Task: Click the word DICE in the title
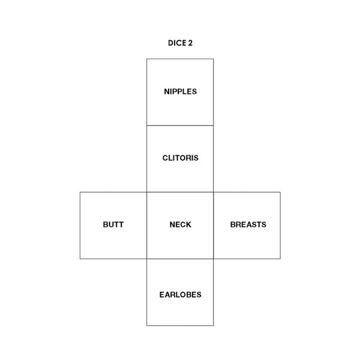(x=177, y=43)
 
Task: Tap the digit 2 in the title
(x=190, y=43)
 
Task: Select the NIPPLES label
(x=180, y=91)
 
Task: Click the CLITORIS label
(x=180, y=158)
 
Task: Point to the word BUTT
(x=113, y=224)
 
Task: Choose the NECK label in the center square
(x=180, y=224)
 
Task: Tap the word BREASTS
(x=248, y=224)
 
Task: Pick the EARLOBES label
(x=180, y=295)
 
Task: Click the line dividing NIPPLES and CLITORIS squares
(x=180, y=125)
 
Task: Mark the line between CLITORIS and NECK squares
(x=180, y=192)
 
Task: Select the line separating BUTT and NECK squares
(x=147, y=226)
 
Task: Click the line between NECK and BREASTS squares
(x=214, y=226)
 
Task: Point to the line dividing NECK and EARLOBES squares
(x=180, y=259)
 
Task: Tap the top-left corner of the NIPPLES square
(x=147, y=59)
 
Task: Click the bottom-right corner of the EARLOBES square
(x=214, y=326)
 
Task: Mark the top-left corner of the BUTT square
(x=80, y=192)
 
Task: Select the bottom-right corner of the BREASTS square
(x=280, y=259)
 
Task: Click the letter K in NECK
(x=188, y=224)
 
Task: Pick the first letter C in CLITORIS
(x=165, y=158)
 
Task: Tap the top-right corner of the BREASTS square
(x=280, y=192)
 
